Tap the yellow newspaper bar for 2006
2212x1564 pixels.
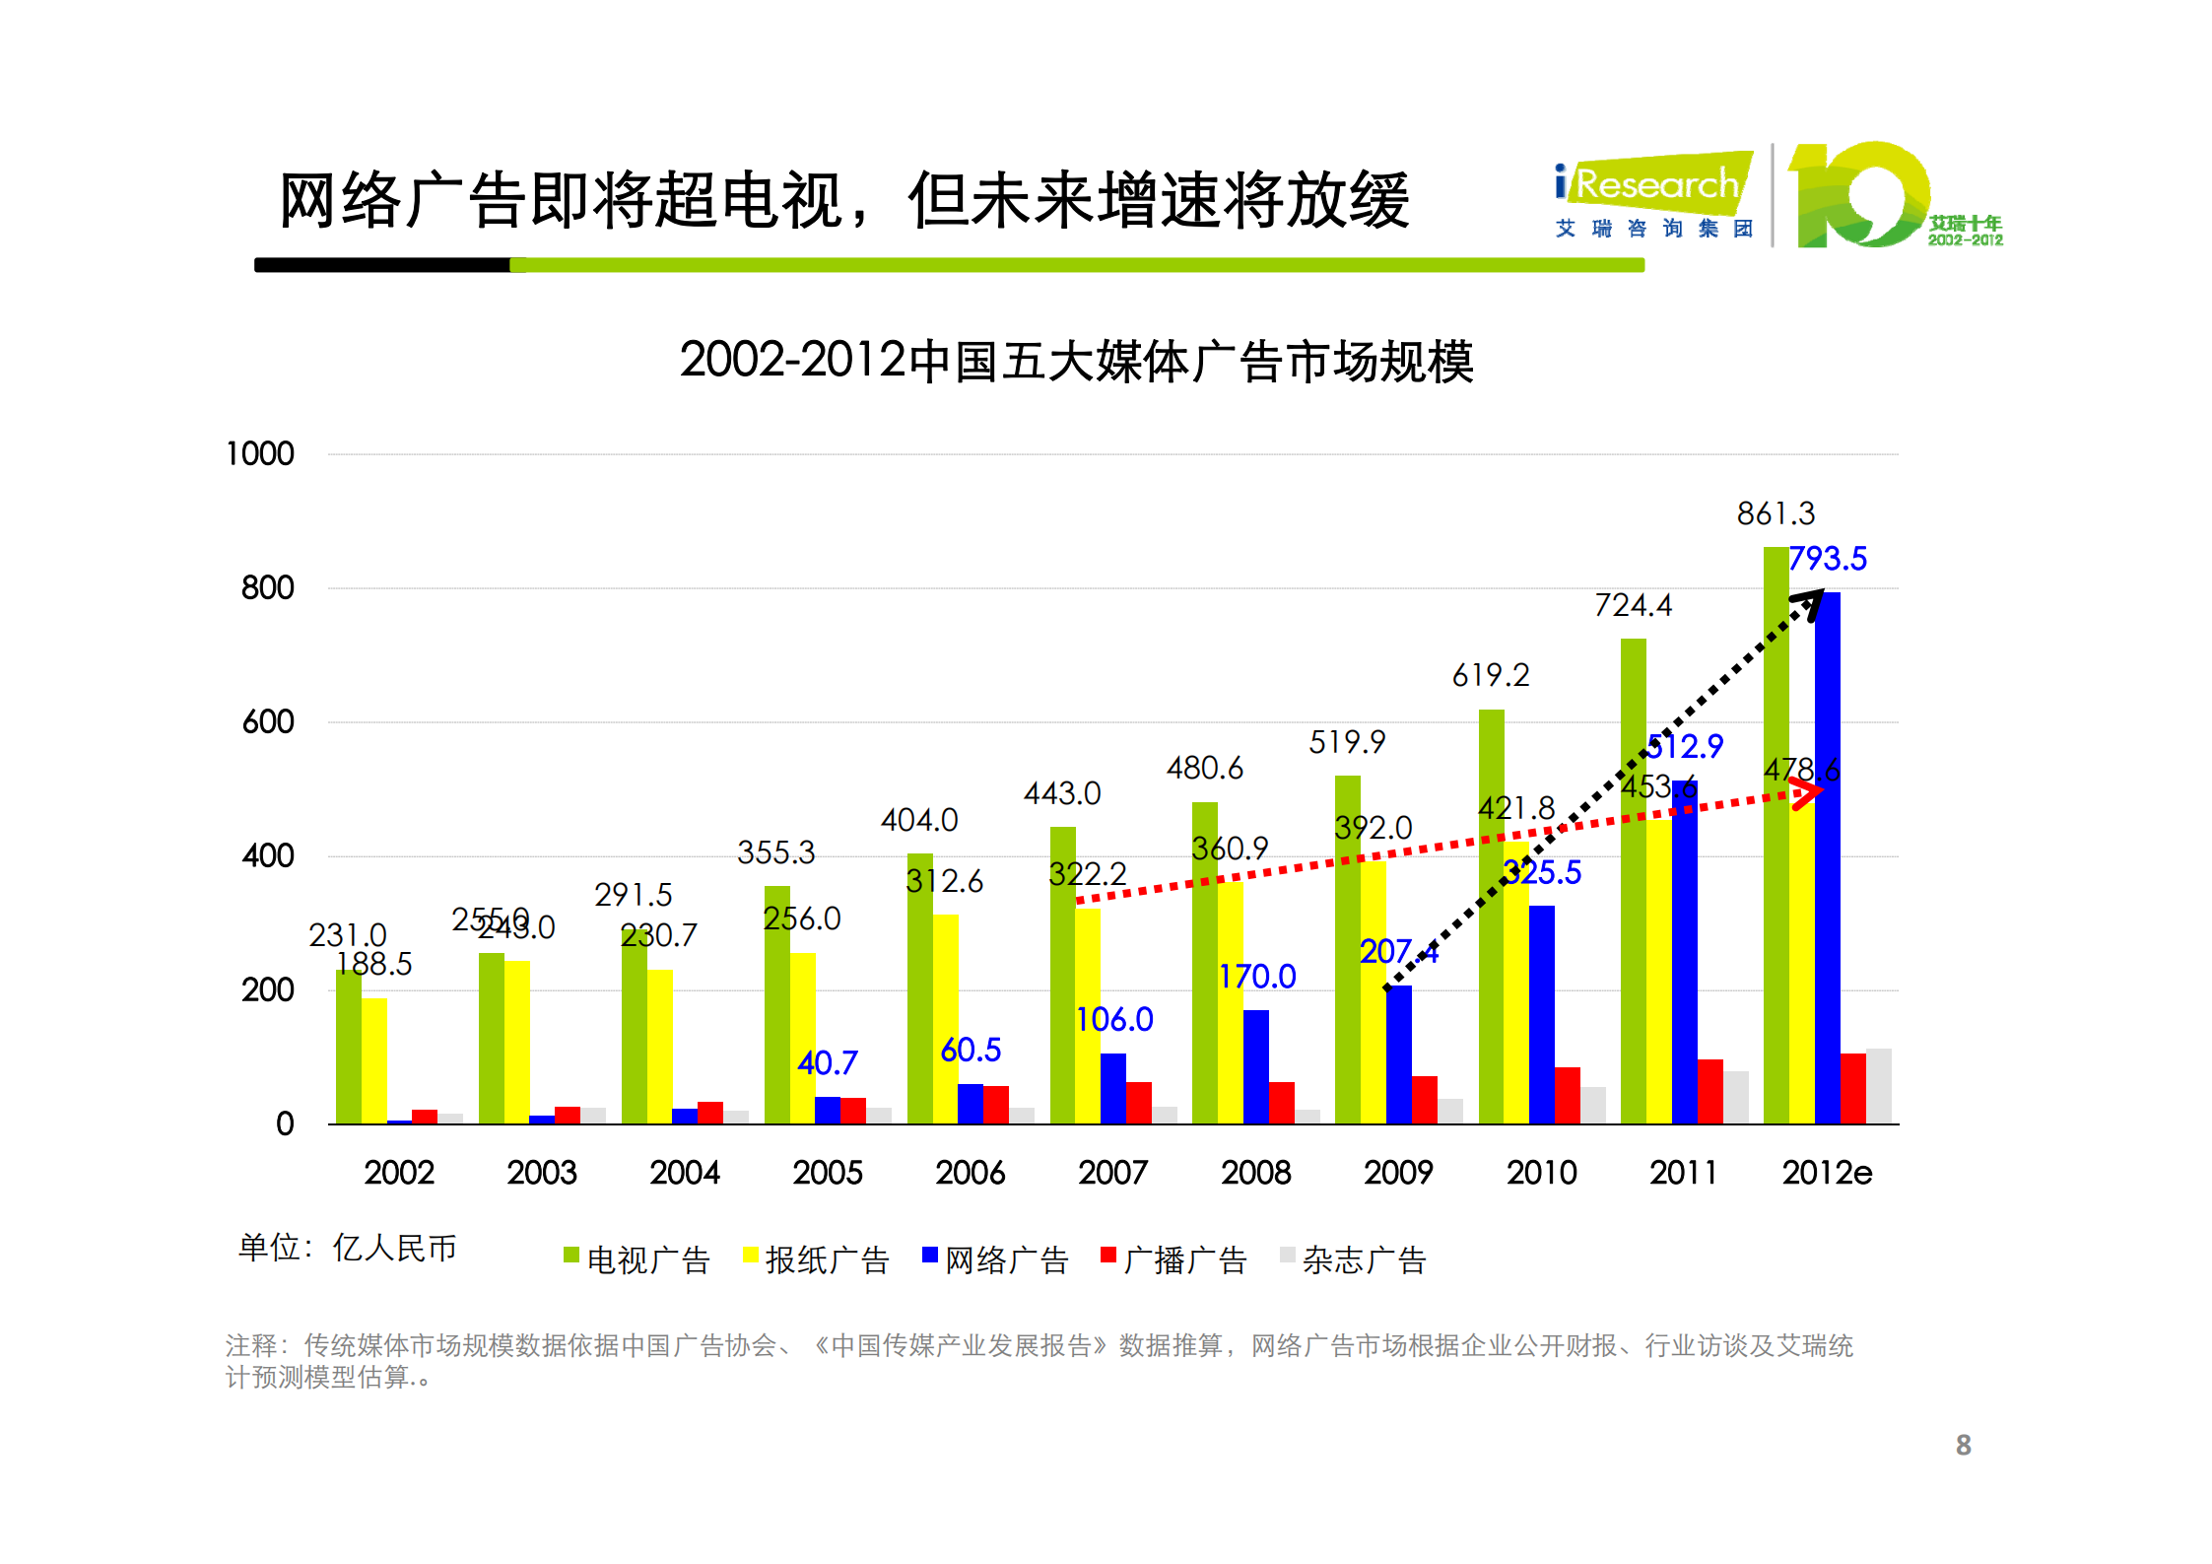946,1020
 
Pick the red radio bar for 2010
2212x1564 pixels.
1567,1096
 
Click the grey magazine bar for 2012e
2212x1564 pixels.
1878,1086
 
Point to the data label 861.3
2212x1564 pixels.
1775,513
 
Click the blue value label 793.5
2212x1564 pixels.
1827,559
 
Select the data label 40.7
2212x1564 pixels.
827,1062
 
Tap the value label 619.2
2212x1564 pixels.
1490,675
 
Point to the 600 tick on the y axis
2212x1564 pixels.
268,722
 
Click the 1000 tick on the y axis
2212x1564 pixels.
260,454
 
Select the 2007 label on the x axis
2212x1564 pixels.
1112,1173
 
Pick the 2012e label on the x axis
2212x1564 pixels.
1826,1173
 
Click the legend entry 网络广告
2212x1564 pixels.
995,1259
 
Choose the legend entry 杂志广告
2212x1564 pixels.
1353,1259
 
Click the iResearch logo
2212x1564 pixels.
1654,197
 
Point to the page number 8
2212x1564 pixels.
1963,1445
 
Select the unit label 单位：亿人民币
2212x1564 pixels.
347,1248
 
